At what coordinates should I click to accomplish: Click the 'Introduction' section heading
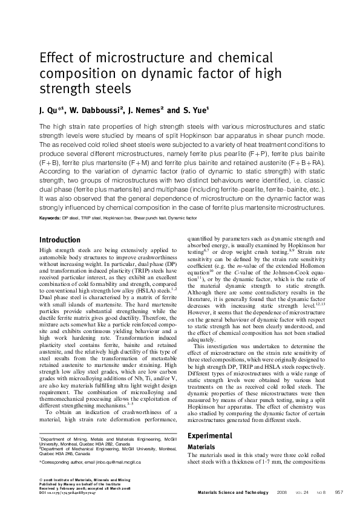pos(59,239)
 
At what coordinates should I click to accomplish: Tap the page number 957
pos(339,493)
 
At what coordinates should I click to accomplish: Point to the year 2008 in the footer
pos(281,493)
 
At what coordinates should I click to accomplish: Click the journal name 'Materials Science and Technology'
pos(232,493)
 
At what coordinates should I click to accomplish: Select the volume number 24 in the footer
pos(306,493)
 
